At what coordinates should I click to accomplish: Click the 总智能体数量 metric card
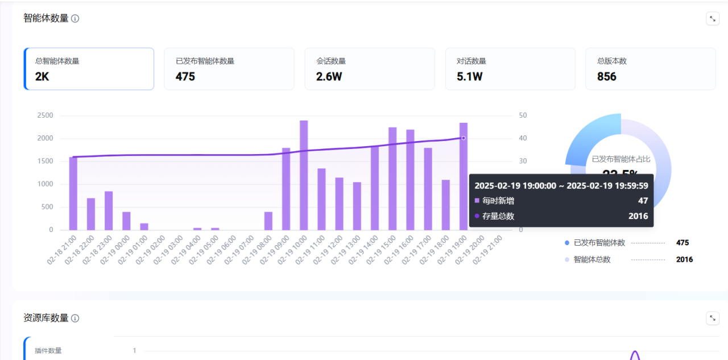pyautogui.click(x=89, y=69)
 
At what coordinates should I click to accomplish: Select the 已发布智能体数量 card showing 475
pyautogui.click(x=229, y=69)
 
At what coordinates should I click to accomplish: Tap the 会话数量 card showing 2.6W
pyautogui.click(x=369, y=69)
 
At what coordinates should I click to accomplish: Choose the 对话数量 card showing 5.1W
pyautogui.click(x=510, y=69)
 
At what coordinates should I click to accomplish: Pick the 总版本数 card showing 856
pyautogui.click(x=650, y=69)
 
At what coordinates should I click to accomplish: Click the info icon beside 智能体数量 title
pyautogui.click(x=75, y=18)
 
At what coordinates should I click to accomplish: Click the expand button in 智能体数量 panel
pyautogui.click(x=713, y=19)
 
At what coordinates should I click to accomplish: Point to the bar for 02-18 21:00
pyautogui.click(x=73, y=193)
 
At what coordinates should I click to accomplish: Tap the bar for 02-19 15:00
pyautogui.click(x=392, y=179)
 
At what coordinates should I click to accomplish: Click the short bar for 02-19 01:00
pyautogui.click(x=144, y=226)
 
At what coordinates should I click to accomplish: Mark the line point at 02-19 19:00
pyautogui.click(x=464, y=138)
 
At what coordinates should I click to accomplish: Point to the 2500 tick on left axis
pyautogui.click(x=45, y=115)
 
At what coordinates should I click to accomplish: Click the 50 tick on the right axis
pyautogui.click(x=523, y=115)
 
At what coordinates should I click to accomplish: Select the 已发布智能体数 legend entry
pyautogui.click(x=599, y=243)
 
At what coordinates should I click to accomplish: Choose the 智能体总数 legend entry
pyautogui.click(x=591, y=259)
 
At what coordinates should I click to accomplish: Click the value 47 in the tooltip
pyautogui.click(x=643, y=201)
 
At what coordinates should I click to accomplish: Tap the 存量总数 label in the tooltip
pyautogui.click(x=498, y=216)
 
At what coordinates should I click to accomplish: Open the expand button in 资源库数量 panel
pyautogui.click(x=713, y=318)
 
